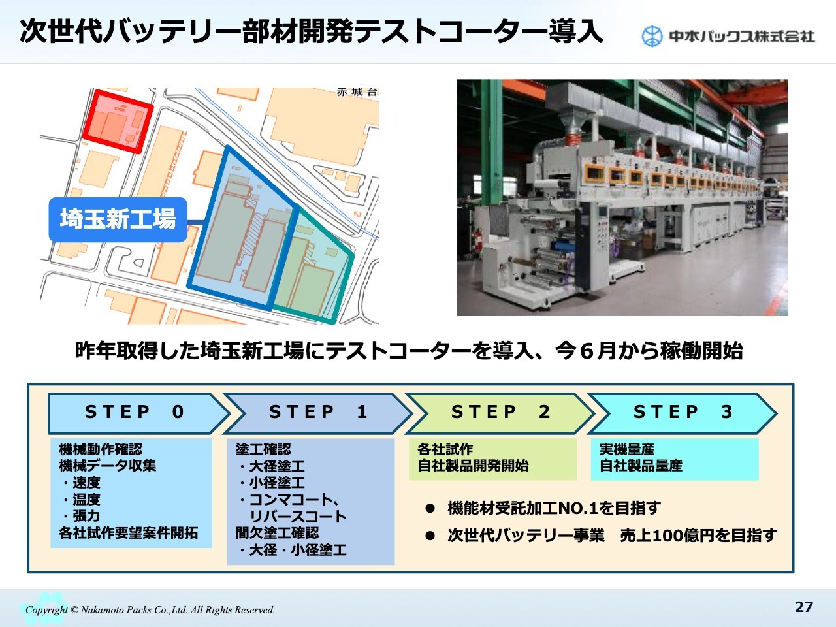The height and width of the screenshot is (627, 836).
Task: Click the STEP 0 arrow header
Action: point(137,413)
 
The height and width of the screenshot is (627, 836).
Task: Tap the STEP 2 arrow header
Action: point(500,413)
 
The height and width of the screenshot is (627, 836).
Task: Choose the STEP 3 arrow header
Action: point(682,413)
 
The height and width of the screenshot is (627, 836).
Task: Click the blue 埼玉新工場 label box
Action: point(118,219)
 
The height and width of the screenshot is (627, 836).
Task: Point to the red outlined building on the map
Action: point(118,121)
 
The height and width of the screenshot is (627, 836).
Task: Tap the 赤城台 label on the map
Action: point(357,92)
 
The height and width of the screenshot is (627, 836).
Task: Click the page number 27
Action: point(803,607)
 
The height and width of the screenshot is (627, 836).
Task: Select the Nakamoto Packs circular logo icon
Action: point(652,37)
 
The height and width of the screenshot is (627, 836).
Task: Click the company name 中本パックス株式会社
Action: point(742,37)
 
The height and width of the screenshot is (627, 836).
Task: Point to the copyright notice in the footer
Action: point(150,610)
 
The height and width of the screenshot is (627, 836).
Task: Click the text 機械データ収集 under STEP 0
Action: point(107,466)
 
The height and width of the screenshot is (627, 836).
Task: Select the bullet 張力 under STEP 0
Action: point(81,516)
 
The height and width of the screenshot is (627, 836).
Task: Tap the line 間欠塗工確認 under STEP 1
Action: point(277,533)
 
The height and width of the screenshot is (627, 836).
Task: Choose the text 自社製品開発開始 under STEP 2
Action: point(473,466)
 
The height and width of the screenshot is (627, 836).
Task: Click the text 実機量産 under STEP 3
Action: point(627,449)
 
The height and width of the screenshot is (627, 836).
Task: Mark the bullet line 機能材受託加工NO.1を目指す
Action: point(554,508)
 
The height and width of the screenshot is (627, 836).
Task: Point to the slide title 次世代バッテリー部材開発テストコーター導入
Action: point(311,31)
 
